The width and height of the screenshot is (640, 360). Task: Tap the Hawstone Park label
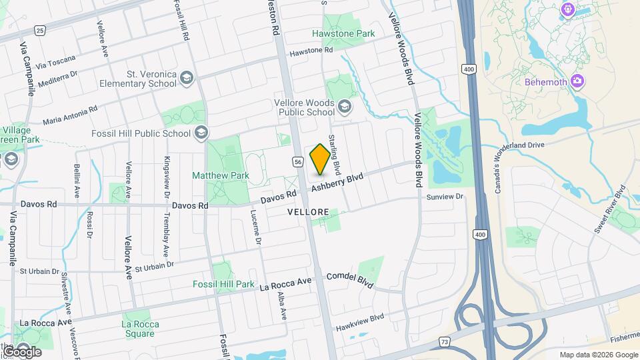pyautogui.click(x=343, y=33)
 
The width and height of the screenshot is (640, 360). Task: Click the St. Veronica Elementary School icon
pyautogui.click(x=186, y=79)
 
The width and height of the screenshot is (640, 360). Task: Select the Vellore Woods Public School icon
pyautogui.click(x=344, y=107)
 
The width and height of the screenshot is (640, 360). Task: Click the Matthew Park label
pyautogui.click(x=221, y=175)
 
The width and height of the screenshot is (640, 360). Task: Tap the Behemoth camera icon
pyautogui.click(x=577, y=82)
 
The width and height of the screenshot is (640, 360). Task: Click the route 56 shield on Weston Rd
pyautogui.click(x=298, y=162)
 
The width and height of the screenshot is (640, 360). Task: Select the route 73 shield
pyautogui.click(x=444, y=342)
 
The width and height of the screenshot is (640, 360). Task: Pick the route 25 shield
pyautogui.click(x=41, y=31)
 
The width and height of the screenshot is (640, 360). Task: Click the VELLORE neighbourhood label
pyautogui.click(x=308, y=212)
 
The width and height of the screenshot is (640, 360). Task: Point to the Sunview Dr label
pyautogui.click(x=445, y=197)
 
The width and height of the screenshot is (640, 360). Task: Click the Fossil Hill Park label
pyautogui.click(x=223, y=284)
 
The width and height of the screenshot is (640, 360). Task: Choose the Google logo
pyautogui.click(x=21, y=351)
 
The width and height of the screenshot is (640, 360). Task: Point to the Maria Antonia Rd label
pyautogui.click(x=70, y=114)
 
